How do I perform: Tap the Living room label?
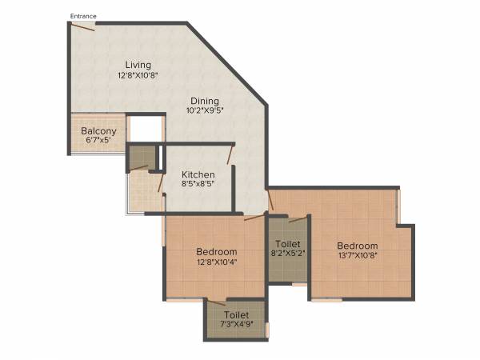[138, 65]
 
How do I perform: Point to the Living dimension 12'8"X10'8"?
[138, 76]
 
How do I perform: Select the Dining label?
[205, 101]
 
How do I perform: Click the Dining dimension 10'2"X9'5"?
[205, 112]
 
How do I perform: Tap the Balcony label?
[98, 131]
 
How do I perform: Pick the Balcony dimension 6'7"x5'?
[98, 141]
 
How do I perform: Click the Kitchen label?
[198, 174]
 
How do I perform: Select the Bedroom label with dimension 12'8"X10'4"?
[216, 252]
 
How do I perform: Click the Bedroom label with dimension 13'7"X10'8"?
[356, 246]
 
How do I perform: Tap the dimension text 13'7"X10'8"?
[356, 257]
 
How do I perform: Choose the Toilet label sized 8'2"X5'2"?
[288, 243]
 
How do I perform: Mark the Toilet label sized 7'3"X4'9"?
[237, 315]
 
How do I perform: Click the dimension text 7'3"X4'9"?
[237, 326]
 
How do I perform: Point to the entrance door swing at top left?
[82, 27]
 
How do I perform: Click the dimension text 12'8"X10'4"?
[216, 262]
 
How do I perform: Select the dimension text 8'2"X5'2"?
[288, 254]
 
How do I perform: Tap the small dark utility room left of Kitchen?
[143, 156]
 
